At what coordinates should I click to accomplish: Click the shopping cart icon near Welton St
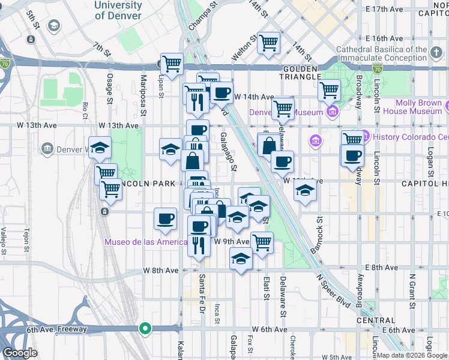pyautogui.click(x=270, y=43)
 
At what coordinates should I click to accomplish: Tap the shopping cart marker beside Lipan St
pyautogui.click(x=172, y=63)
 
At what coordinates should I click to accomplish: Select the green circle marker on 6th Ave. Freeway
pyautogui.click(x=145, y=328)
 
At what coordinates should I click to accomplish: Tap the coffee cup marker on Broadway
pyautogui.click(x=352, y=155)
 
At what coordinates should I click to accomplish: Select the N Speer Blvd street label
pyautogui.click(x=334, y=291)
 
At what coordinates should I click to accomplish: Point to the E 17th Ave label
pyautogui.click(x=385, y=10)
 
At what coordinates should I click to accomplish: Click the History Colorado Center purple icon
pyautogui.click(x=366, y=136)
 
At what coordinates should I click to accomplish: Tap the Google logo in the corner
pyautogui.click(x=20, y=352)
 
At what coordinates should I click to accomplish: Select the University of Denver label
pyautogui.click(x=118, y=10)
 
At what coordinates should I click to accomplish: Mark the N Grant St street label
pyautogui.click(x=412, y=289)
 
